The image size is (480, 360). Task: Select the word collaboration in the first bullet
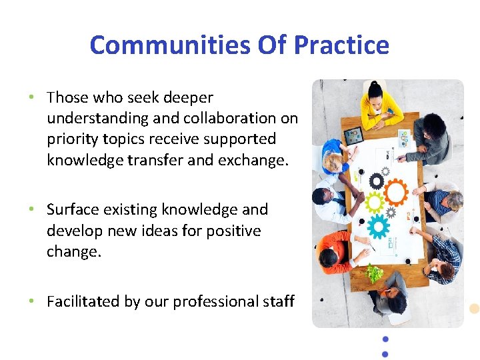click(232, 118)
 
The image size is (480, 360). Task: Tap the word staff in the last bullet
click(278, 301)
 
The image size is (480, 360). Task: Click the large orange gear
click(395, 193)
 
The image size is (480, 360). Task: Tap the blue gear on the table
click(379, 226)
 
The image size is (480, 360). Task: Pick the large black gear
click(377, 181)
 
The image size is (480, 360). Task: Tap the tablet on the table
click(353, 135)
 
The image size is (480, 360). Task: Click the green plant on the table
click(375, 272)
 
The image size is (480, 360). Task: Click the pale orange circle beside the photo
click(474, 309)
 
